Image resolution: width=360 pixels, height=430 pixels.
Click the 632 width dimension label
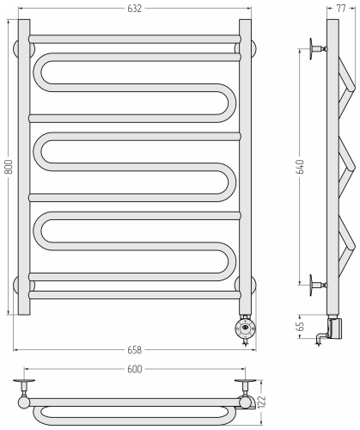134,9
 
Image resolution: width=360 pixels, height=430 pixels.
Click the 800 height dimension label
9,167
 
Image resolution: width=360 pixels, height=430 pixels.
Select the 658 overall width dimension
134,350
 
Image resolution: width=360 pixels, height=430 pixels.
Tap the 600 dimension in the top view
134,369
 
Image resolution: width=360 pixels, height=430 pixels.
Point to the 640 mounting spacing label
301,167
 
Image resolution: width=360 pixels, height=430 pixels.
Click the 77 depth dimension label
341,9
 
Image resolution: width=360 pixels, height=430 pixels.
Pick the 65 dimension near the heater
301,327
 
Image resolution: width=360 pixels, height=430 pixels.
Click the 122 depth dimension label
262,402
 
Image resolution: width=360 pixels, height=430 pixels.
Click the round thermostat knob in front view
245,328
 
